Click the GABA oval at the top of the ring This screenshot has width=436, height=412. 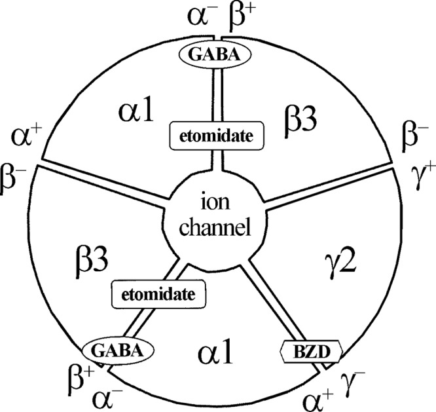(215, 54)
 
